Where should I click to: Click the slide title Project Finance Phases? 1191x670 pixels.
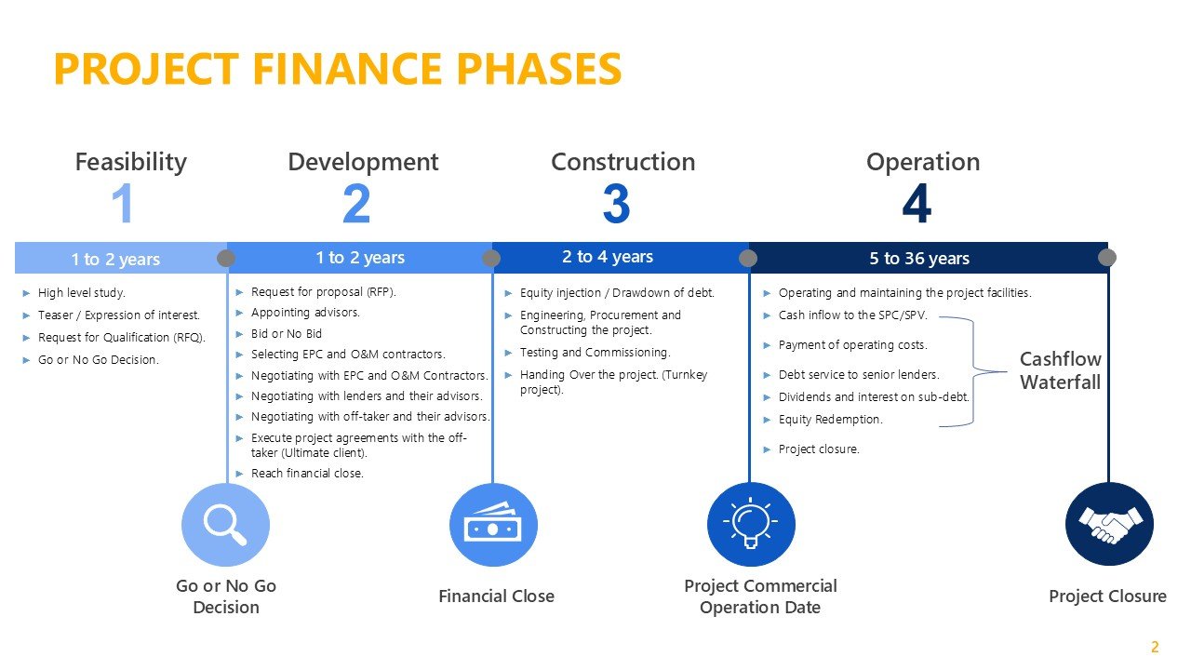pyautogui.click(x=337, y=70)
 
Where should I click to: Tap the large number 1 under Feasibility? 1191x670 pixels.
pyautogui.click(x=123, y=205)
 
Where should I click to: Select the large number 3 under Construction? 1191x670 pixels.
pyautogui.click(x=616, y=205)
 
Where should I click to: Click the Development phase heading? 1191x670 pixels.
pyautogui.click(x=363, y=162)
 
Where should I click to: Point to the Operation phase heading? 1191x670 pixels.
pyautogui.click(x=922, y=162)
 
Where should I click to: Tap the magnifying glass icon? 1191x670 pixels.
pyautogui.click(x=225, y=525)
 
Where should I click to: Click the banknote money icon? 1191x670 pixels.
pyautogui.click(x=493, y=525)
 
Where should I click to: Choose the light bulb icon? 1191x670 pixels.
pyautogui.click(x=751, y=525)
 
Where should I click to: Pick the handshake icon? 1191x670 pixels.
pyautogui.click(x=1108, y=525)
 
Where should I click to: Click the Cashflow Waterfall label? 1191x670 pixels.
pyautogui.click(x=1060, y=370)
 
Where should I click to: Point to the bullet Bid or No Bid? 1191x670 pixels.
pyautogui.click(x=287, y=333)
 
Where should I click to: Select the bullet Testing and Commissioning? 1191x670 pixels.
pyautogui.click(x=595, y=353)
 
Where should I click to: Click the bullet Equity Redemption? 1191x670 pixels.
pyautogui.click(x=830, y=420)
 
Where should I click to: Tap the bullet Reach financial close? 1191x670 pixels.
pyautogui.click(x=307, y=474)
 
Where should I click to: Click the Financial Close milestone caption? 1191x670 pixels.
pyautogui.click(x=496, y=596)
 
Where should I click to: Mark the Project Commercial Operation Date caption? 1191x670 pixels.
pyautogui.click(x=760, y=596)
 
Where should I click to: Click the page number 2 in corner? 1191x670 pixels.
pyautogui.click(x=1155, y=648)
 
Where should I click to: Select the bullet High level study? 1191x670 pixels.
pyautogui.click(x=82, y=293)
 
